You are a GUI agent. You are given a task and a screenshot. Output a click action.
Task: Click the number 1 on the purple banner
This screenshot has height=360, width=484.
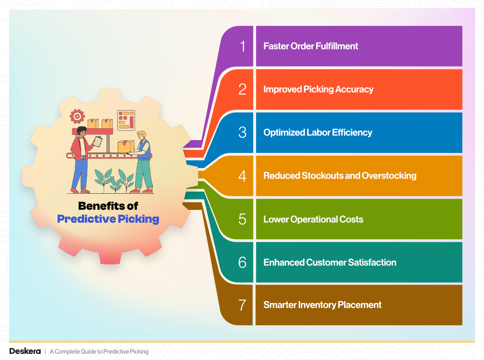click(x=242, y=46)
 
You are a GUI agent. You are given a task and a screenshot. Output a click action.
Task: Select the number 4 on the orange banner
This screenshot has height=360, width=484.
click(x=242, y=176)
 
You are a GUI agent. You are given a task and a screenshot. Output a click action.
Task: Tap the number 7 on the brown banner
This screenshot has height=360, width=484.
click(x=242, y=305)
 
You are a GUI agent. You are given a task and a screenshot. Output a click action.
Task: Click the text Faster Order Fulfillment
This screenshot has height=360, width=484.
click(x=311, y=46)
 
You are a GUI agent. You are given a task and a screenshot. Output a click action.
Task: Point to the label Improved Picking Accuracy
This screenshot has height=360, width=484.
click(x=318, y=89)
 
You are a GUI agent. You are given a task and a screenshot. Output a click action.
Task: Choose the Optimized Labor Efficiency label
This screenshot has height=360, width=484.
click(x=317, y=132)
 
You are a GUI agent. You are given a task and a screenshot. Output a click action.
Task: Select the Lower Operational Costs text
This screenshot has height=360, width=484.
click(x=313, y=219)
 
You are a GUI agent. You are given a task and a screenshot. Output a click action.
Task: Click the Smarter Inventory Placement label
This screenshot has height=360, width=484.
click(x=322, y=305)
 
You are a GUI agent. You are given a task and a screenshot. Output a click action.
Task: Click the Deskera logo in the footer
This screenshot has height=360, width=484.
click(x=25, y=351)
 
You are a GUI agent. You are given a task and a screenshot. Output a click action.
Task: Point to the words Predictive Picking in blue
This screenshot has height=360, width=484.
click(x=108, y=219)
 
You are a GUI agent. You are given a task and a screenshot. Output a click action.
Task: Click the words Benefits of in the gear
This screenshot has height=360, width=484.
click(x=108, y=206)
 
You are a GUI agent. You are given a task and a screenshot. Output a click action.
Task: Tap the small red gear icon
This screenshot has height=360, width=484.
click(x=77, y=116)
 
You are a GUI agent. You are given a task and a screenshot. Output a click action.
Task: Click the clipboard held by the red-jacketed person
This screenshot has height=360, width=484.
click(x=98, y=142)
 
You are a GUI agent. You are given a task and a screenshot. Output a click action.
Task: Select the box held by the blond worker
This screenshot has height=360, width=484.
click(x=126, y=146)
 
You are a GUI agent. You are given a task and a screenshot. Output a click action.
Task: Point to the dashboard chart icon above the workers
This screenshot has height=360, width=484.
click(x=126, y=120)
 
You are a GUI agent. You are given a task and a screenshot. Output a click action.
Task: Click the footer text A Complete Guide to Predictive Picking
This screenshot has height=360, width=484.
click(x=99, y=352)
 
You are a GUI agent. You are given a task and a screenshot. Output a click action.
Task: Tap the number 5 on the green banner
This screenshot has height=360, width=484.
click(x=242, y=219)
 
